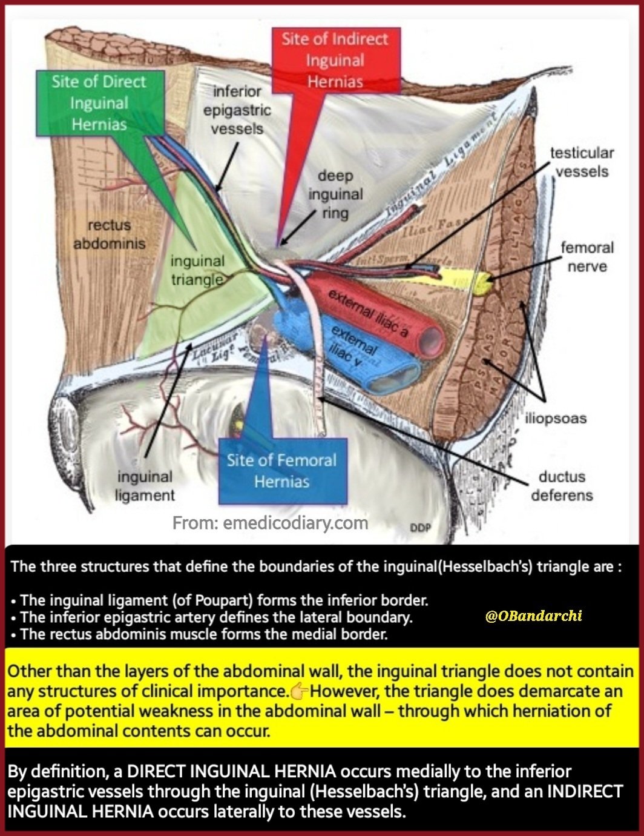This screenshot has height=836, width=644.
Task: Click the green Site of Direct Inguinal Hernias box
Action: (99, 103)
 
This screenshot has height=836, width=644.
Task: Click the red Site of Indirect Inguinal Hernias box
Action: (335, 60)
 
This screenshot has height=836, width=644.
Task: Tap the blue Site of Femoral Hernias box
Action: (281, 471)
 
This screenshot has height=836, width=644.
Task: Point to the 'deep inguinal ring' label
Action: (335, 194)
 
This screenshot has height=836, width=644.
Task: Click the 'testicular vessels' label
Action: (582, 162)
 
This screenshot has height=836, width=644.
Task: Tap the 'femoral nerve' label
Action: (586, 256)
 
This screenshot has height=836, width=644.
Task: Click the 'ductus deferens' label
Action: (562, 486)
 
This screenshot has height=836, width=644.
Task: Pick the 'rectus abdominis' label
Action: (109, 234)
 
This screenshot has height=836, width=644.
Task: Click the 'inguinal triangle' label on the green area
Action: (197, 270)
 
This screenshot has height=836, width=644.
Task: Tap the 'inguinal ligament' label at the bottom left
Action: (145, 486)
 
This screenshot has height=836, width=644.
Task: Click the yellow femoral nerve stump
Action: (482, 283)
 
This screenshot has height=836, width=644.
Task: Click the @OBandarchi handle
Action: (533, 615)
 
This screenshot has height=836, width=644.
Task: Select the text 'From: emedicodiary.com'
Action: (270, 523)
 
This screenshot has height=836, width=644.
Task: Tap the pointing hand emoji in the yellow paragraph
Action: (300, 691)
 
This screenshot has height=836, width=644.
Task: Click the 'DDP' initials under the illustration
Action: (420, 528)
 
